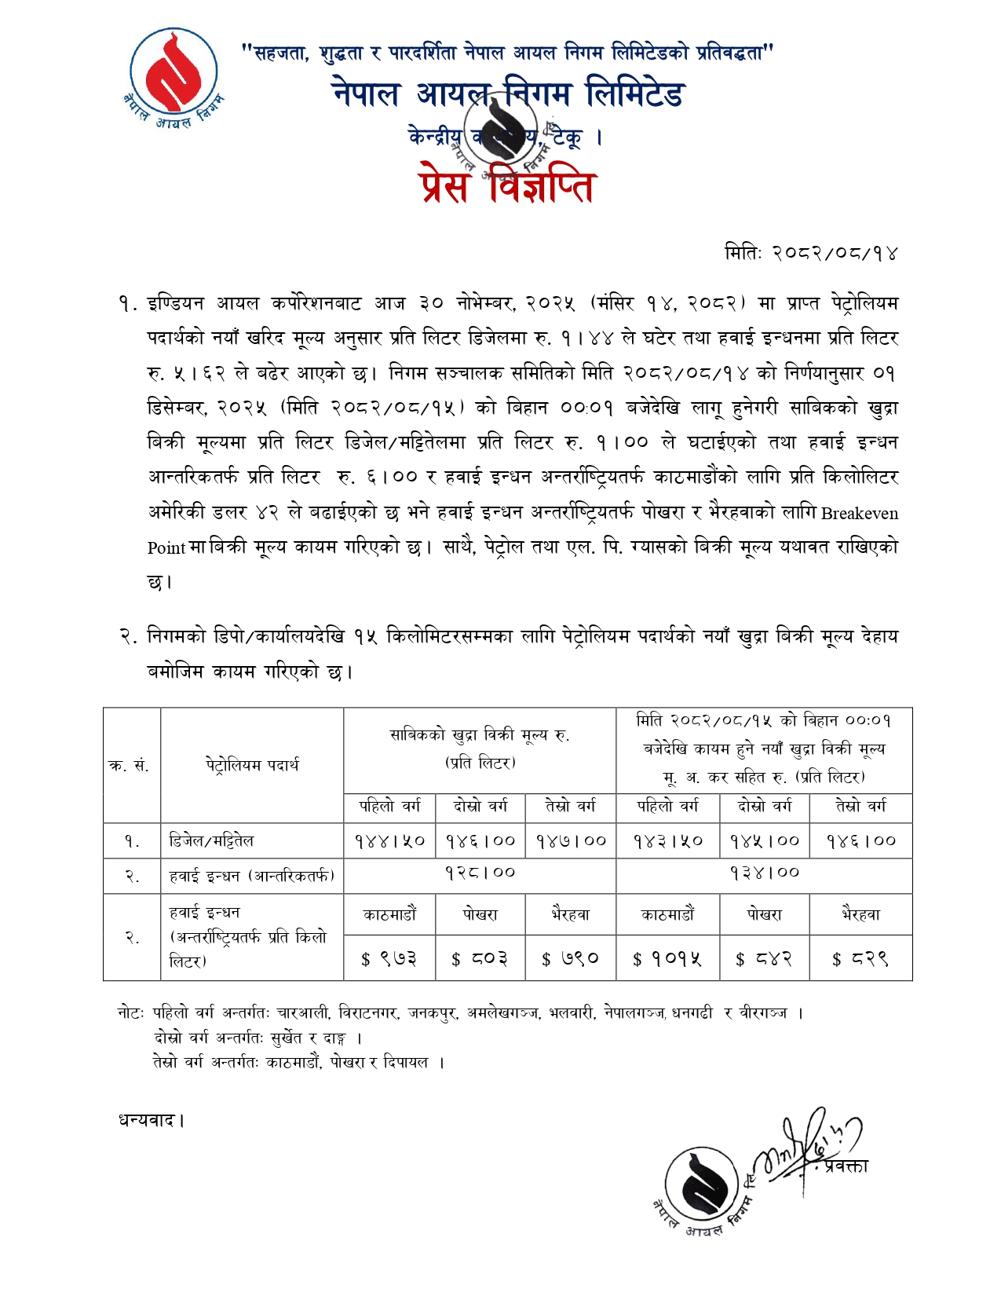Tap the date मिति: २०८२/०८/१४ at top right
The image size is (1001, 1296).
(810, 253)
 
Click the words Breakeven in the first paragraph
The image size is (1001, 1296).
(860, 514)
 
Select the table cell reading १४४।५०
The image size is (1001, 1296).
(389, 841)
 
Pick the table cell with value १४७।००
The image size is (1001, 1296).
(571, 841)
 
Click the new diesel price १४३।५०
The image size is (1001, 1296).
(667, 841)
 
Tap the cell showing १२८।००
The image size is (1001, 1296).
(480, 873)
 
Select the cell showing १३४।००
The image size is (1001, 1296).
(764, 873)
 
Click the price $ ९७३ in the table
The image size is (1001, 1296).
(389, 959)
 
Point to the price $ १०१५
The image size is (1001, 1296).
(667, 959)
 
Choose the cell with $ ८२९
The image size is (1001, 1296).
(860, 959)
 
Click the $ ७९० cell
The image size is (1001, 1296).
(571, 959)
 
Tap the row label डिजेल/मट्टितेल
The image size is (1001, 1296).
(211, 841)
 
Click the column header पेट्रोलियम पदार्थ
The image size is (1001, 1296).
(252, 765)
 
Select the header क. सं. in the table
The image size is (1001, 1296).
(130, 766)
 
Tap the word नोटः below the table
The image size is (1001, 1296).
(131, 1013)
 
